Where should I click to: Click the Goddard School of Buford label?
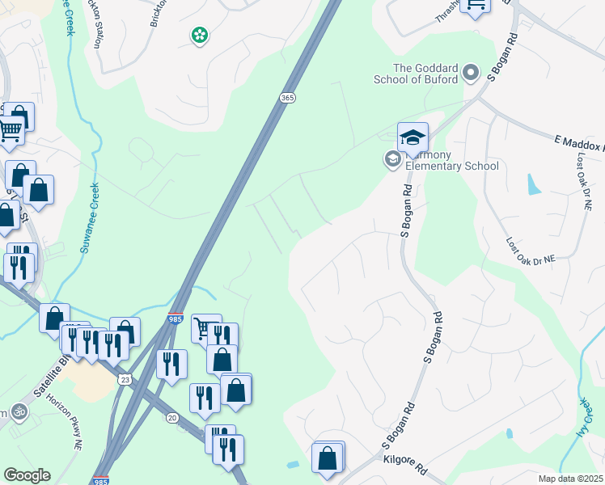point(415,74)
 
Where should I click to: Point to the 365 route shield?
point(289,97)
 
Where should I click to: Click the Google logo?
point(27,475)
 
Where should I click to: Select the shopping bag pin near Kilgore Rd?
point(328,457)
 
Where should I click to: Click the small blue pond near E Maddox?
point(534,184)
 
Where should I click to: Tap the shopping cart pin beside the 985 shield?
point(205,327)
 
